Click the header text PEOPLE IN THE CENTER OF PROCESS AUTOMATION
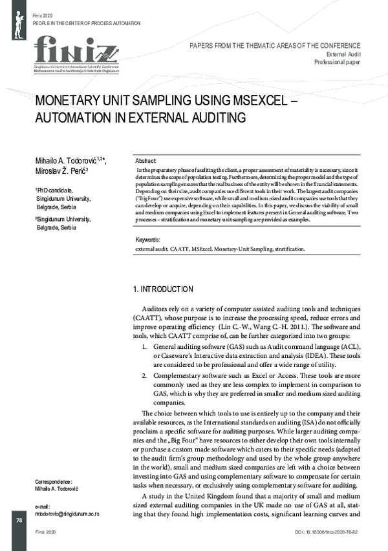[x=86, y=22]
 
